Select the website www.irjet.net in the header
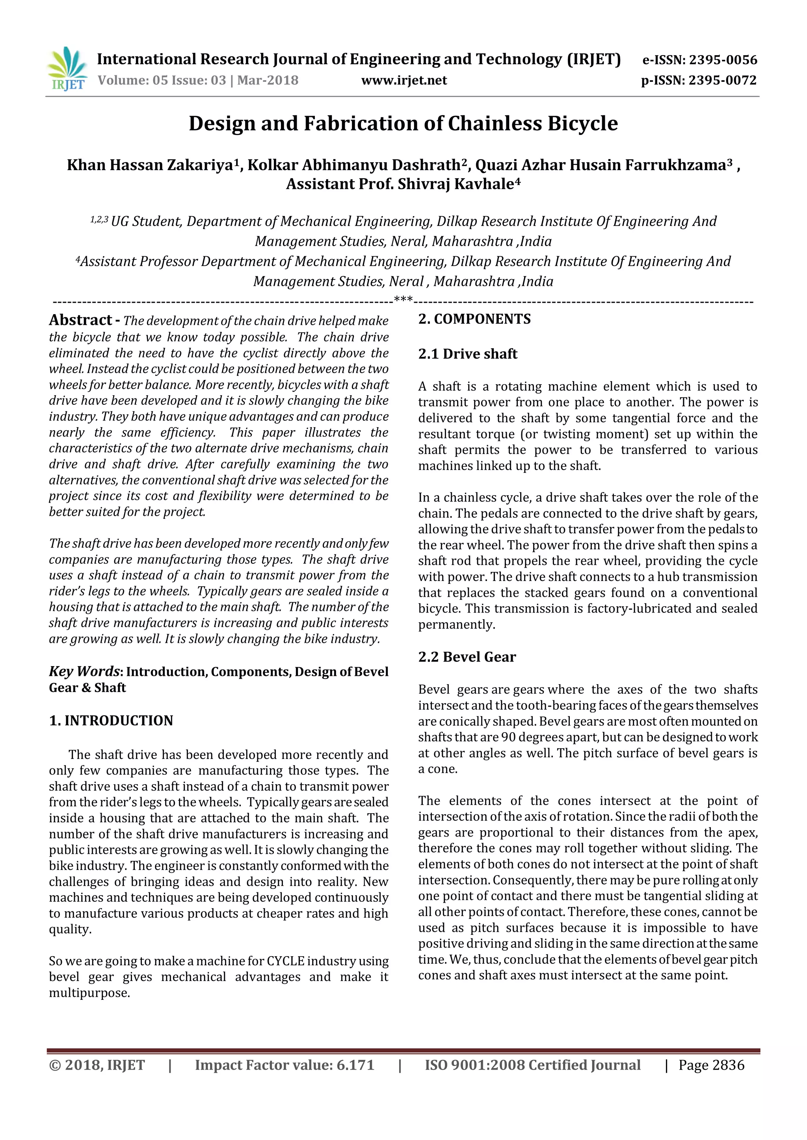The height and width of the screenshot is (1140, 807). pyautogui.click(x=403, y=80)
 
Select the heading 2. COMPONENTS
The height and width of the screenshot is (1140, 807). pyautogui.click(x=474, y=319)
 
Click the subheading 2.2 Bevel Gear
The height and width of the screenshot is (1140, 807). pyautogui.click(x=467, y=657)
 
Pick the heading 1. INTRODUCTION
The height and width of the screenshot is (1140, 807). pyautogui.click(x=111, y=720)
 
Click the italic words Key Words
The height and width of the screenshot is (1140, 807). pyautogui.click(x=84, y=671)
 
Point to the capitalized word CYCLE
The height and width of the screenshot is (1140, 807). pyautogui.click(x=285, y=961)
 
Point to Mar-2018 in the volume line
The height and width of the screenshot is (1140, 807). pyautogui.click(x=268, y=80)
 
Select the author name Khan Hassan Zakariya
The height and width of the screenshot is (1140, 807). pyautogui.click(x=150, y=165)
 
